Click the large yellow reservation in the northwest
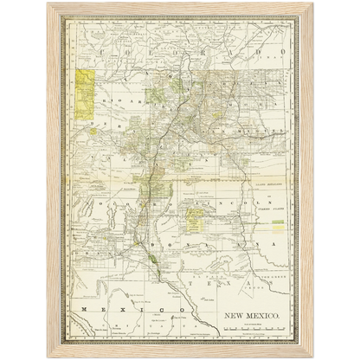tap(86, 95)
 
